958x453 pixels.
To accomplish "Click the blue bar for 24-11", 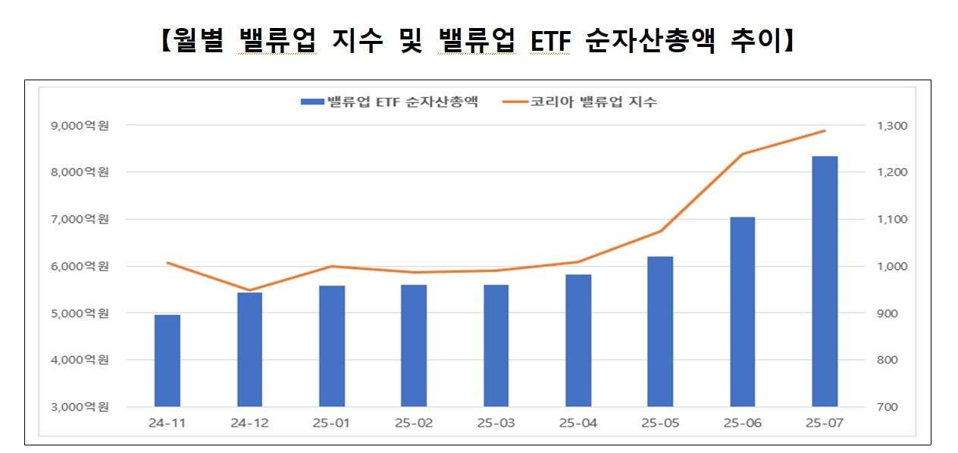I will pos(167,361).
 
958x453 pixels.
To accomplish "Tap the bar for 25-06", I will pos(742,311).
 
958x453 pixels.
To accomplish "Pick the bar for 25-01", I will pos(332,346).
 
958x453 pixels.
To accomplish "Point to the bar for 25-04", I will pos(578,340).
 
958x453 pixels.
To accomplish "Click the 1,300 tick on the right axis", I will pos(887,126).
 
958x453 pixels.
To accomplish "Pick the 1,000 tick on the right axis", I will pos(887,267).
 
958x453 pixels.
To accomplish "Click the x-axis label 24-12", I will pos(249,423).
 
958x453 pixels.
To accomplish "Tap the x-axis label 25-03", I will pos(496,423).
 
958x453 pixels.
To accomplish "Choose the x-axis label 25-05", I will pos(660,423).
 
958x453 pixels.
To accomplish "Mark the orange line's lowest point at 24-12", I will pos(249,290).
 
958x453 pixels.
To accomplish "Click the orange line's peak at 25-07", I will pos(825,131).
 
